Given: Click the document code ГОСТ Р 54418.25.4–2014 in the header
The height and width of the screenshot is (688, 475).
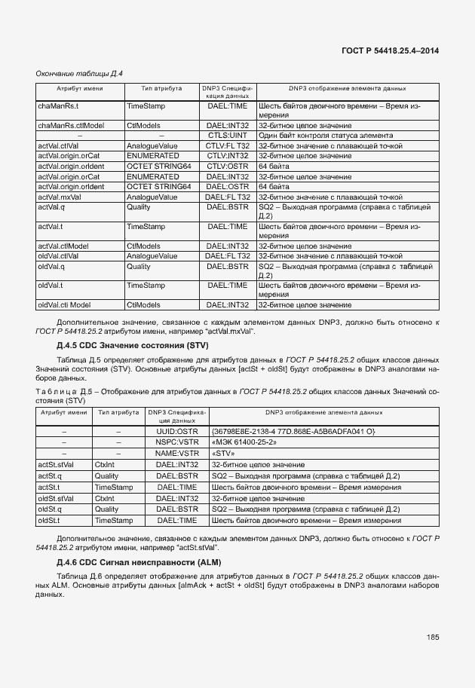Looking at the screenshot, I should click(x=391, y=50).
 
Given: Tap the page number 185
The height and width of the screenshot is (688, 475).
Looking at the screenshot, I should click(x=432, y=637).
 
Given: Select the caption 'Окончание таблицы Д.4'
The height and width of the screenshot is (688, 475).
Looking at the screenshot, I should click(x=80, y=73).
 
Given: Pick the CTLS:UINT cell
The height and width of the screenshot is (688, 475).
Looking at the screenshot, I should click(x=228, y=135).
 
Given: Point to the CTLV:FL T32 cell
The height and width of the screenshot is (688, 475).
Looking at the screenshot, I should click(x=228, y=145).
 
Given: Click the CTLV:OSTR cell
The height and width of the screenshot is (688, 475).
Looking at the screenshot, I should click(x=228, y=166).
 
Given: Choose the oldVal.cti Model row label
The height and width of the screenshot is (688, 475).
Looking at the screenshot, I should click(x=64, y=304).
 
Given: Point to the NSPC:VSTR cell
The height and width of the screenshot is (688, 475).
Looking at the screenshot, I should click(x=176, y=442).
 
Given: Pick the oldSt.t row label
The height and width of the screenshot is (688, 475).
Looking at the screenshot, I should click(x=51, y=520).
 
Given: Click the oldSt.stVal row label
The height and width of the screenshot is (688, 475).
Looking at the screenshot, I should click(x=55, y=498).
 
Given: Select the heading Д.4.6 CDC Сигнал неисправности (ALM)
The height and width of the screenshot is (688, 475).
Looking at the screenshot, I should click(x=133, y=562).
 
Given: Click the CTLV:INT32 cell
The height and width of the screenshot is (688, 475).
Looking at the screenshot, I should click(x=228, y=155).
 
